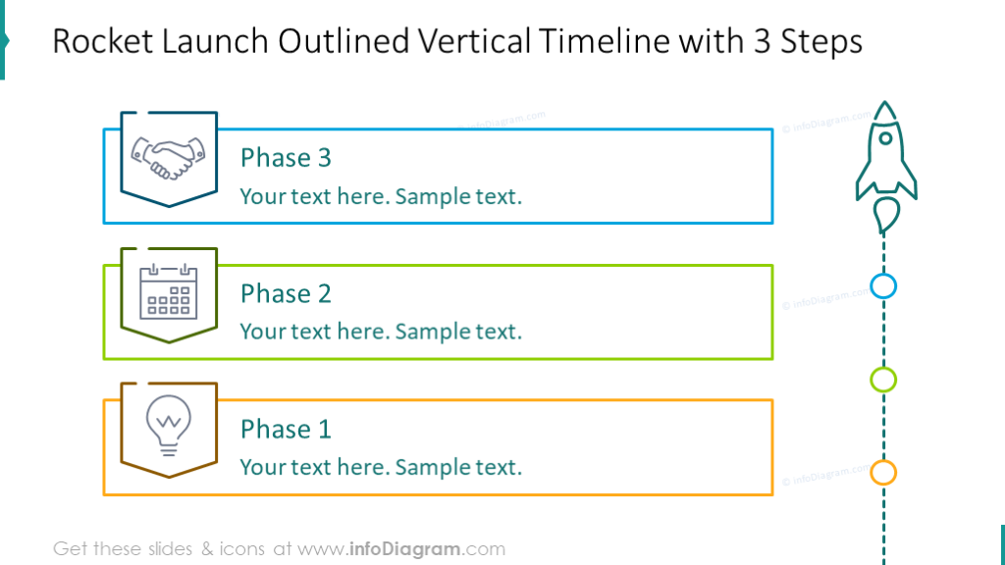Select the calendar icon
click(x=168, y=292)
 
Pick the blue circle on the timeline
click(x=883, y=286)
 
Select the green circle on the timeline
click(x=883, y=380)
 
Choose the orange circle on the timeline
click(x=883, y=473)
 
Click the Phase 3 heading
click(x=286, y=158)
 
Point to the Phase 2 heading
click(x=286, y=293)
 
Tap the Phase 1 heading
click(x=286, y=429)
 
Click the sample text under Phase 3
click(x=381, y=196)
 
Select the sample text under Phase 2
click(x=381, y=332)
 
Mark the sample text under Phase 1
click(x=381, y=467)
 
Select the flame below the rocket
click(x=885, y=215)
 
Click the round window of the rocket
click(x=885, y=142)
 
